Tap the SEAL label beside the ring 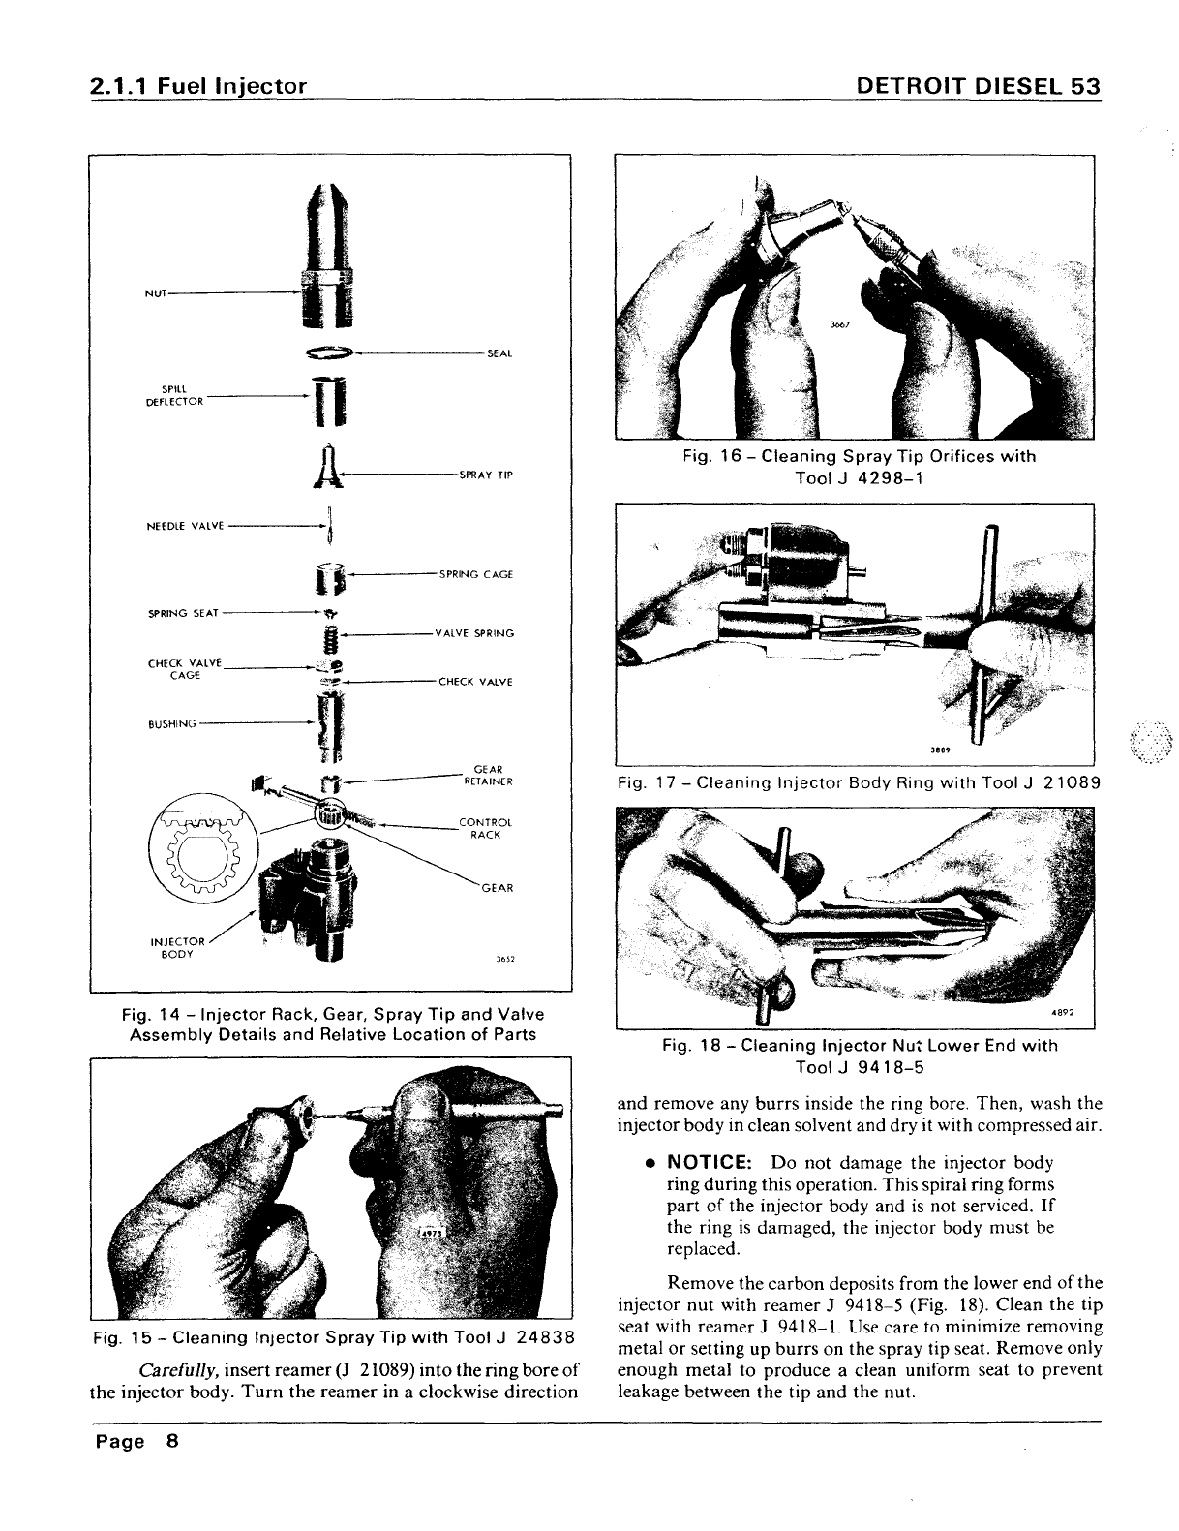click(499, 352)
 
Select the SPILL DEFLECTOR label click(174, 396)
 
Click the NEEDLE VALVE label click(185, 526)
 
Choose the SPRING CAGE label click(475, 574)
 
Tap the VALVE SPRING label click(474, 633)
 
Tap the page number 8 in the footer click(172, 1441)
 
